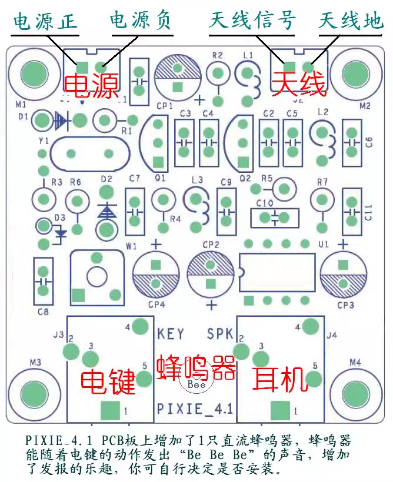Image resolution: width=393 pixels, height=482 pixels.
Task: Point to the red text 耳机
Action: pyautogui.click(x=280, y=379)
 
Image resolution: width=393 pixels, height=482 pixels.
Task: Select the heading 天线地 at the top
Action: pyautogui.click(x=351, y=22)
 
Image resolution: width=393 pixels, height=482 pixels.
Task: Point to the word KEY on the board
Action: pyautogui.click(x=171, y=334)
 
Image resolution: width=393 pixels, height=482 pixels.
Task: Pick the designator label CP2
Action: pyautogui.click(x=210, y=244)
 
